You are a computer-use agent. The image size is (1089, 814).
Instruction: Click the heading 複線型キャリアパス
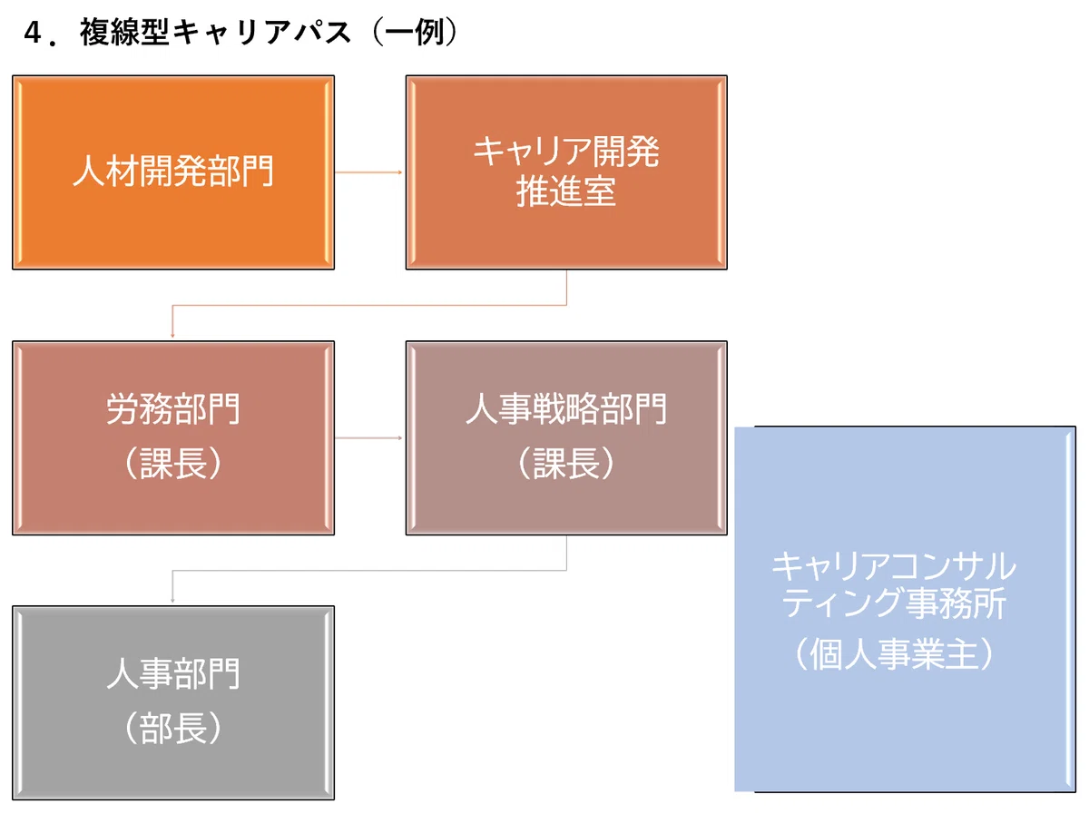tap(216, 33)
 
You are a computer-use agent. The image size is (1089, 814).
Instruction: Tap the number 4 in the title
tap(33, 34)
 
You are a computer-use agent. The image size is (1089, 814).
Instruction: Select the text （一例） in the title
tap(414, 33)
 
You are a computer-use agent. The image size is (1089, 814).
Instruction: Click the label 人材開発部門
tap(173, 172)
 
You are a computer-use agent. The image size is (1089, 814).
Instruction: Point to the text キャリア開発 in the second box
tap(566, 152)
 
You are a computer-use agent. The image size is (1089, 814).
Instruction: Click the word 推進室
tap(566, 191)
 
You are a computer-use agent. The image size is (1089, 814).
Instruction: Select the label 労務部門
tap(173, 409)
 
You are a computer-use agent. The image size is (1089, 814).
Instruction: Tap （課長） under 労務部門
tap(173, 463)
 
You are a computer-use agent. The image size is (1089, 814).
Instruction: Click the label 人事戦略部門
tap(566, 409)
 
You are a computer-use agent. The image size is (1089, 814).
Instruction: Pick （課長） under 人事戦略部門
tap(566, 463)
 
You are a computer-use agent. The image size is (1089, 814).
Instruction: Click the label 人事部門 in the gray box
tap(173, 674)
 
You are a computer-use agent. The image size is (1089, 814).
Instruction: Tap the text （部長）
tap(173, 728)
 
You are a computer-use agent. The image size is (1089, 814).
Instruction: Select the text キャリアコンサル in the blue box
tap(894, 566)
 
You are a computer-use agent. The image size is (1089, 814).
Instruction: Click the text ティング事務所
tap(894, 603)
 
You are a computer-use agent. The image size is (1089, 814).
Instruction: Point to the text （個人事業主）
tap(894, 654)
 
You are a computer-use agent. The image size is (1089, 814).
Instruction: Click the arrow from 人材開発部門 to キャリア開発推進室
tap(368, 172)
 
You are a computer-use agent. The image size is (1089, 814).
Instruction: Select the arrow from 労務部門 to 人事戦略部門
tap(368, 437)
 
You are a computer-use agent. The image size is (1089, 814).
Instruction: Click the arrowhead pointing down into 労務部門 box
tap(172, 336)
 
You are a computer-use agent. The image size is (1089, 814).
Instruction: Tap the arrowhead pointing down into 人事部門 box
tap(172, 601)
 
